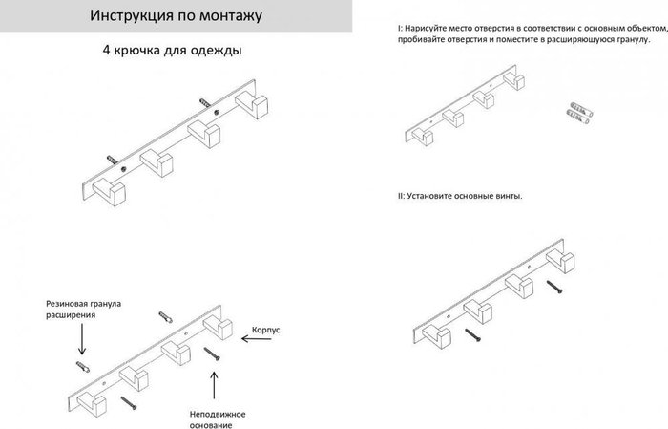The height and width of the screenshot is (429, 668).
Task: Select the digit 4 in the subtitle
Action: coord(106,50)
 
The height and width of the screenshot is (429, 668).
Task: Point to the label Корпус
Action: coord(266,331)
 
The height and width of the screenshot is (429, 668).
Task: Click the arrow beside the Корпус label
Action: coord(257,339)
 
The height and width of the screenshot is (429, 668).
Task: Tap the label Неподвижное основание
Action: coord(218,419)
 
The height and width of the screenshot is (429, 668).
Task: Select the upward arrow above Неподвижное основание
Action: coord(214,385)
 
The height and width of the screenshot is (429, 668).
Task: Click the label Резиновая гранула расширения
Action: coord(84,310)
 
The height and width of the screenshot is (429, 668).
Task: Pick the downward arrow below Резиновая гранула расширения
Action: coord(82,339)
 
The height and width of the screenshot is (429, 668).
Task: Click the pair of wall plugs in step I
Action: coord(579,113)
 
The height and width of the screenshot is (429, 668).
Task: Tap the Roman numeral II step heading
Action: coord(401,196)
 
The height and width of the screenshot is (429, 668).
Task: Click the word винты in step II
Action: coord(509,196)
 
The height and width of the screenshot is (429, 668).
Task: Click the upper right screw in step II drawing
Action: coord(554,286)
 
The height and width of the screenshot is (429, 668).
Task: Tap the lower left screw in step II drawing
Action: coord(473,334)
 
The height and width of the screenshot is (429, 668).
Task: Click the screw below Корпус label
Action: coord(212,354)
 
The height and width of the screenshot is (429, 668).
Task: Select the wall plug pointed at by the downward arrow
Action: coord(83,366)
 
